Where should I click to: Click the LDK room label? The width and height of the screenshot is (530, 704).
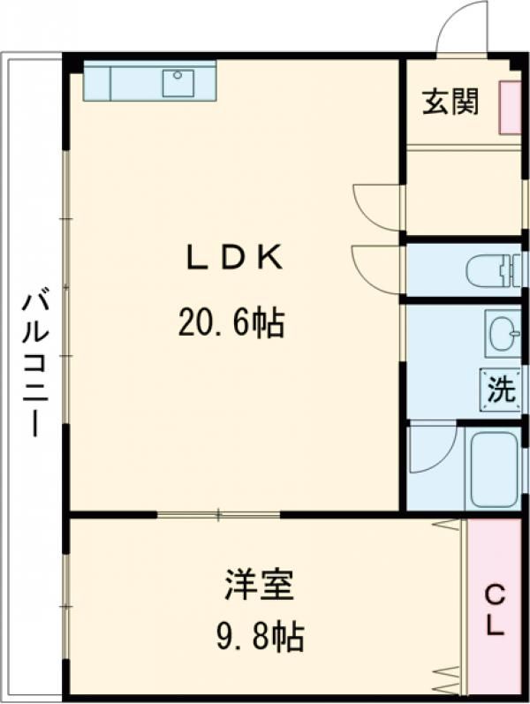coord(232,258)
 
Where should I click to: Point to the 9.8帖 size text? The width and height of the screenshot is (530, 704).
coord(259,635)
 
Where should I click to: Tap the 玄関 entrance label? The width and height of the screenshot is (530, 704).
coord(450,102)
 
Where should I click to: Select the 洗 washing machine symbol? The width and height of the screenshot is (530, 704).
coord(501,390)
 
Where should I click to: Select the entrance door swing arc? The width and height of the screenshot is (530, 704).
coord(464,28)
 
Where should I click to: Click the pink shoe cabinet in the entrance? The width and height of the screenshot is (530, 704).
coord(510,108)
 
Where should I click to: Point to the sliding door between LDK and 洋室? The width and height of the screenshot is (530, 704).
coord(219,513)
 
